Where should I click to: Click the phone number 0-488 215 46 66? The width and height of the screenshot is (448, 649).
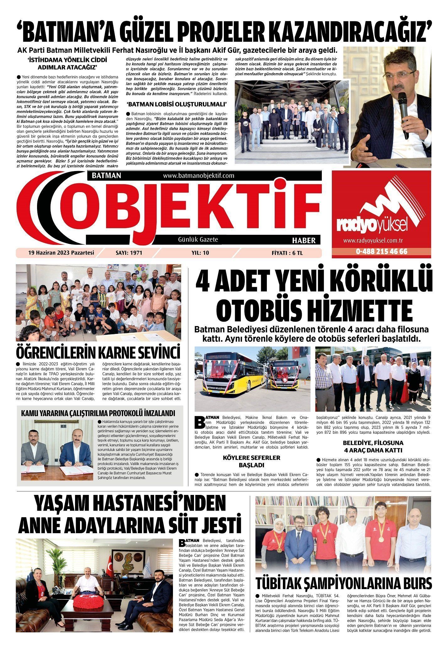(x=381, y=252)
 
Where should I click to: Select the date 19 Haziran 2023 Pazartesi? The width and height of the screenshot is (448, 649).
(x=61, y=253)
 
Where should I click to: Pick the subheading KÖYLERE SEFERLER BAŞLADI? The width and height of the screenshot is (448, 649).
(x=251, y=461)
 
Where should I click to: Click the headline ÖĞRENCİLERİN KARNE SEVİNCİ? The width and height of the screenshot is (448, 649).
(x=99, y=352)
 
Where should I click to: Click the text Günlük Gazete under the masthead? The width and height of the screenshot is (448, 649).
(x=198, y=239)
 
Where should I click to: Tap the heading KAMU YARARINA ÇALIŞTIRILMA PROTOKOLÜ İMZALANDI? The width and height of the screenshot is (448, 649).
(x=98, y=413)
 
